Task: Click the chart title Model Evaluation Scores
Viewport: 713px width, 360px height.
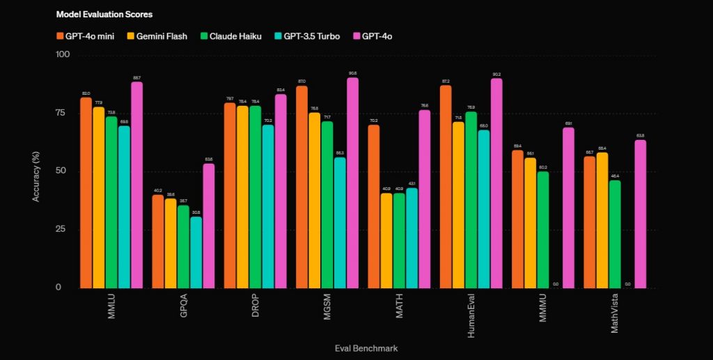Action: coord(104,14)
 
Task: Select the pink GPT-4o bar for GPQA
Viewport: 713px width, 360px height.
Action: coord(209,226)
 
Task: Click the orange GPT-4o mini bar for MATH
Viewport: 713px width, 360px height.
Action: coord(374,206)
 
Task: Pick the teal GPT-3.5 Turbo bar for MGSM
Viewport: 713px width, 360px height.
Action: coord(340,222)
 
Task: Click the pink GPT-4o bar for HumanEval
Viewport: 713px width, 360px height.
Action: coord(496,182)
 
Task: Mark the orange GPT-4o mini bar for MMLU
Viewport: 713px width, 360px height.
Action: coord(86,192)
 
